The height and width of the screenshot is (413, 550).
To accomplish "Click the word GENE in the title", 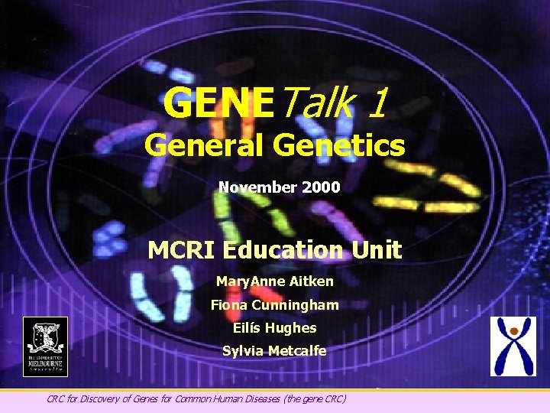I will pos(217,102).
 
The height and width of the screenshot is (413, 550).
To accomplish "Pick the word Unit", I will pos(377,249).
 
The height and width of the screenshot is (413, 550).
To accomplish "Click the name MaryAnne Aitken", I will pos(274,281).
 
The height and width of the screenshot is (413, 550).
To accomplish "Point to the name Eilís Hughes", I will pos(274,328).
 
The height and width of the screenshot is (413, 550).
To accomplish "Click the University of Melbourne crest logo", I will pos(45,346).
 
